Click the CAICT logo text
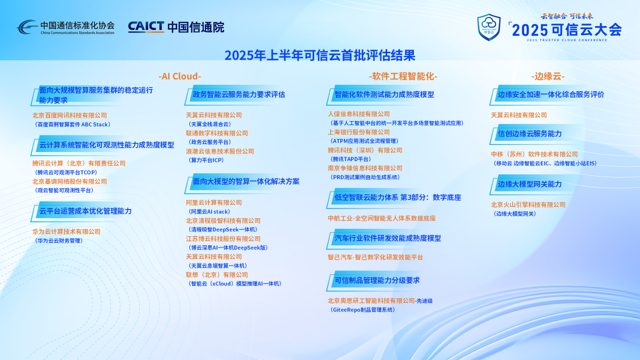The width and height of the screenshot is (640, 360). (x=146, y=27)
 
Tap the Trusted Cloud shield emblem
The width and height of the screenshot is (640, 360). (x=489, y=27)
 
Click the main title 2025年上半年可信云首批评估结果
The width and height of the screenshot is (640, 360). (x=319, y=55)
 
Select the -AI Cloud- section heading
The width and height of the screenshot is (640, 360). (x=180, y=76)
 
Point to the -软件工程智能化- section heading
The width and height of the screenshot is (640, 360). (x=403, y=76)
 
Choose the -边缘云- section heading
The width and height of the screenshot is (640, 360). (x=548, y=76)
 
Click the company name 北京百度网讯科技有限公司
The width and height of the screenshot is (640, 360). (x=70, y=115)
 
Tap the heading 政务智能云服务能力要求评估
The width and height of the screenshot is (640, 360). (x=239, y=94)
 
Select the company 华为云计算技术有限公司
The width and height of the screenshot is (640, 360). (x=67, y=231)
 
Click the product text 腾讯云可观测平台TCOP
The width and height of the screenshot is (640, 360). (x=66, y=172)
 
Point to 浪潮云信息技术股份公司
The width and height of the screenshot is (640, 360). (x=220, y=151)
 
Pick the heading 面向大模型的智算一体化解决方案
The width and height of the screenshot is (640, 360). (x=246, y=181)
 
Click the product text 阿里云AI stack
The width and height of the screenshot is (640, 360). (x=209, y=212)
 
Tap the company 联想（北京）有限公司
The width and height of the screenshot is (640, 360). (x=217, y=275)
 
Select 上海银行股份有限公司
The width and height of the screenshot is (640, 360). (x=359, y=132)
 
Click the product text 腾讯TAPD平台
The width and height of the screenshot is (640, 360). (x=350, y=159)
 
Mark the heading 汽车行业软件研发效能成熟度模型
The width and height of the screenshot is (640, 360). (x=388, y=238)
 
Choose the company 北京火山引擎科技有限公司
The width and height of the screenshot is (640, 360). (x=529, y=205)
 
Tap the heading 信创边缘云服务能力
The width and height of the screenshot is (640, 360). (x=530, y=134)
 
